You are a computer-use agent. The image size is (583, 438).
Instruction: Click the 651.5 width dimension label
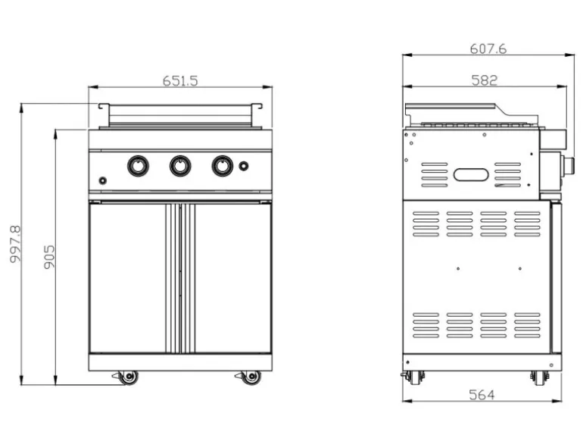180,81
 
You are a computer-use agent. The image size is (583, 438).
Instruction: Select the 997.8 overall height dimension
16,244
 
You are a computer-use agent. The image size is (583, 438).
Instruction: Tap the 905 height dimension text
49,257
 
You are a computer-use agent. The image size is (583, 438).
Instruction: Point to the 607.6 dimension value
488,48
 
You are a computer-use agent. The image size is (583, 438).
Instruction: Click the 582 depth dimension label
484,80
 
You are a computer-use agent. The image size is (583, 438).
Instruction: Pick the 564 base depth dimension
482,395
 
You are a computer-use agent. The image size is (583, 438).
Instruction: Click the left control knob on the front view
138,166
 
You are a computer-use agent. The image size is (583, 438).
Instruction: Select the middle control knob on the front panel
180,166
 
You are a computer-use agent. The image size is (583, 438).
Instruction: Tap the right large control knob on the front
223,166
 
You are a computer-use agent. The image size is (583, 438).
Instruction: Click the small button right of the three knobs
244,166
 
